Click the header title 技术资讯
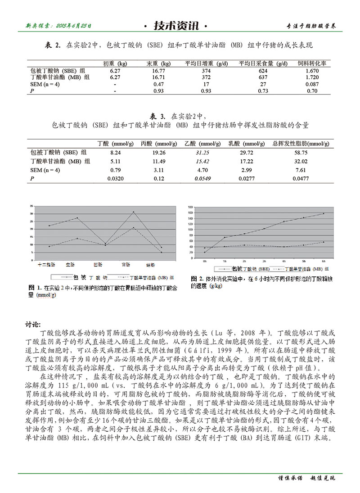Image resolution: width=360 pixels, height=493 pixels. [175, 26]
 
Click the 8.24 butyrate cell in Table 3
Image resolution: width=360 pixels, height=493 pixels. [116, 153]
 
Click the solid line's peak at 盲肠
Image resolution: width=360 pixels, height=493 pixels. [133, 212]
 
